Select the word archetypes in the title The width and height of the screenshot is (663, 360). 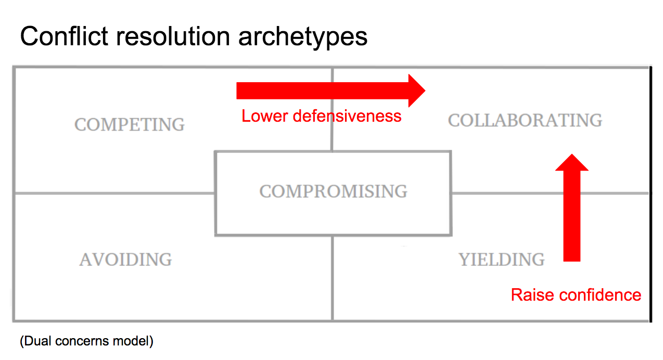(x=303, y=38)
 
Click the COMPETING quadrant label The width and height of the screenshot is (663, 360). (x=130, y=124)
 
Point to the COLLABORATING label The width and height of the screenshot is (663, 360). (x=525, y=120)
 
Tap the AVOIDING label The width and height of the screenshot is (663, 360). (x=125, y=260)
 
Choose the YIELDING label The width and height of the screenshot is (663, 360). (x=501, y=260)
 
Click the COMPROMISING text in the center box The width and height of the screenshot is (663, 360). (x=333, y=191)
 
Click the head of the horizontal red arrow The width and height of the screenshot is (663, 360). (x=425, y=91)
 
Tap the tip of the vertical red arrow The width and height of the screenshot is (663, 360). (x=572, y=154)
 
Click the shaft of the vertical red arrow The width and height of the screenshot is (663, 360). (x=572, y=216)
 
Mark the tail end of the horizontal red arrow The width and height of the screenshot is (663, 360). (x=237, y=91)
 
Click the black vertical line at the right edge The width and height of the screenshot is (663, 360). (x=651, y=195)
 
